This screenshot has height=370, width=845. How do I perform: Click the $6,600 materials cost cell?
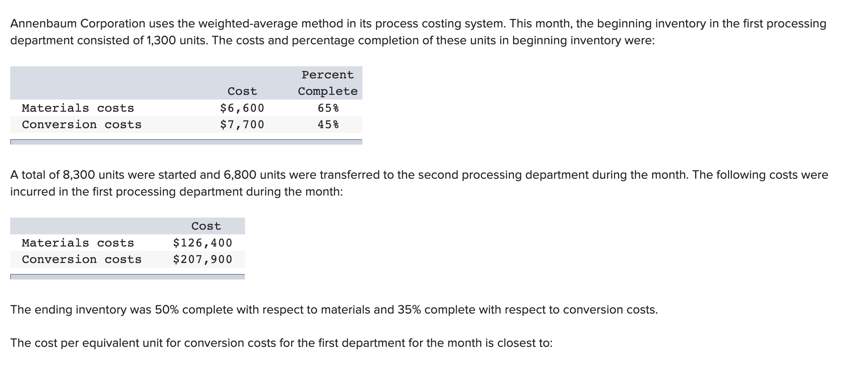(242, 108)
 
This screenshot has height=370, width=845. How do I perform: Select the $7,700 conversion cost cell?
(242, 125)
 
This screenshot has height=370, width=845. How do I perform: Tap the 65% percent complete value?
(328, 108)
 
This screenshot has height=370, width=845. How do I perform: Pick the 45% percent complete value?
(328, 125)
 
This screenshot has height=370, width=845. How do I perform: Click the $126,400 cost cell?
(202, 243)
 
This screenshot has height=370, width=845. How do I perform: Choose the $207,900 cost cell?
(202, 259)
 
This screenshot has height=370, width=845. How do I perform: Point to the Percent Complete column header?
(328, 83)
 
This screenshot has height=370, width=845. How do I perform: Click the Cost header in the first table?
(242, 91)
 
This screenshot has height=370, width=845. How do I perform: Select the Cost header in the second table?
(206, 226)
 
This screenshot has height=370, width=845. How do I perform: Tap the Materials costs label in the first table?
(78, 108)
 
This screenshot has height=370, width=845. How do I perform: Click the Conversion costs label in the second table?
(81, 259)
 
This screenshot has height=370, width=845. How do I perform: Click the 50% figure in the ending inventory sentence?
(167, 310)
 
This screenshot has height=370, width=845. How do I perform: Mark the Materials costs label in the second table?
(78, 243)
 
